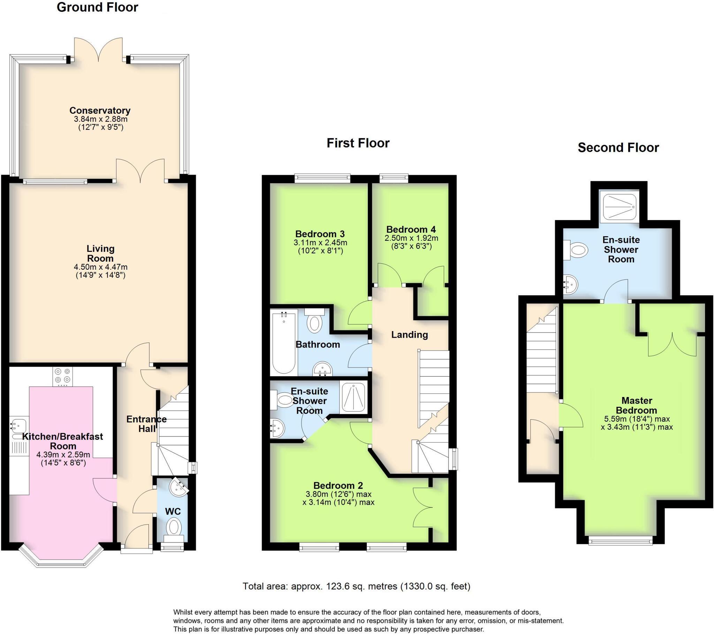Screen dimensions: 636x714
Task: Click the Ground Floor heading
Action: (x=97, y=7)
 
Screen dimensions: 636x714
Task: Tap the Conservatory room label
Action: (x=100, y=111)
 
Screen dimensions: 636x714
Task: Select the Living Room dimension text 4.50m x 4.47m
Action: (x=101, y=267)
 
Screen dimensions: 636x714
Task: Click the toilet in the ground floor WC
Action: (x=174, y=527)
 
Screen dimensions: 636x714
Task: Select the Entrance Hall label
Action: (x=146, y=424)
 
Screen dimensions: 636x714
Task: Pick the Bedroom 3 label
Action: (x=320, y=234)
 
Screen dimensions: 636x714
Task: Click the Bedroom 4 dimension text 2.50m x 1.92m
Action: (x=411, y=238)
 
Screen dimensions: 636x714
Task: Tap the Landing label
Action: (x=409, y=335)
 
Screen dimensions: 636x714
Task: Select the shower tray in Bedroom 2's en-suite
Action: (x=354, y=397)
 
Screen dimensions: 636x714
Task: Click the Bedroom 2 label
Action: (x=338, y=485)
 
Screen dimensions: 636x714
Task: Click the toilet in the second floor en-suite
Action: (x=577, y=250)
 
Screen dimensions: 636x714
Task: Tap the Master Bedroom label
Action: (x=637, y=405)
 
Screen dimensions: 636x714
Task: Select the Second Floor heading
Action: (x=618, y=148)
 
